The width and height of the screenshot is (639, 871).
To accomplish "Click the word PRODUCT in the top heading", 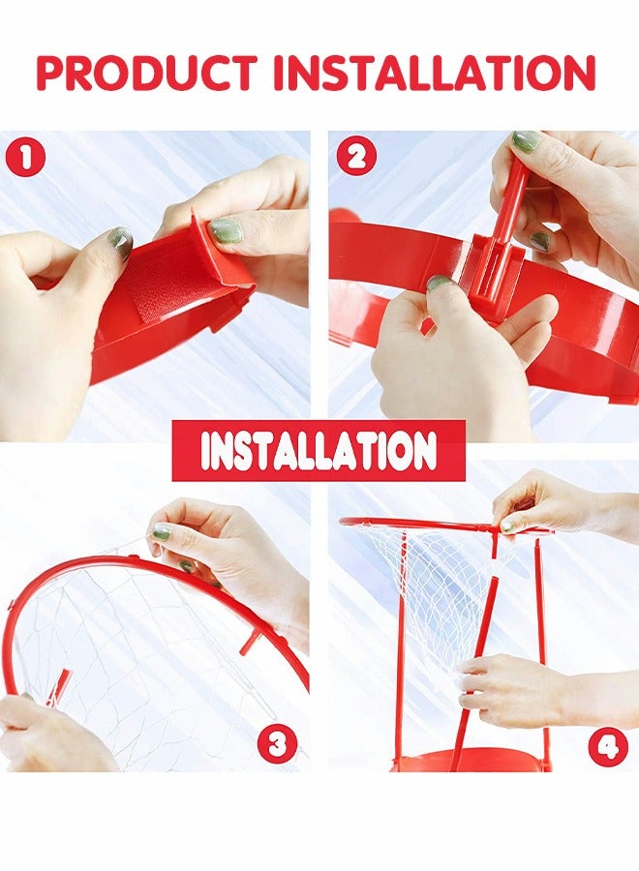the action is tap(147, 73).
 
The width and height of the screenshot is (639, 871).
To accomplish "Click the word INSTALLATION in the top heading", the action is tap(435, 73).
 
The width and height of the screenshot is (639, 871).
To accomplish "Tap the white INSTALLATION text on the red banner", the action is tap(319, 450).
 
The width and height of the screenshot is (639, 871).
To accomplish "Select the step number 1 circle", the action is tap(25, 157).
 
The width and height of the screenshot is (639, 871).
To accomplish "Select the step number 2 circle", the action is tap(356, 156).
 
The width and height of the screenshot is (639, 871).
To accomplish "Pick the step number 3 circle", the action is tap(277, 743).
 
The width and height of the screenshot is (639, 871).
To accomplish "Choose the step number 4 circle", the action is tap(608, 746).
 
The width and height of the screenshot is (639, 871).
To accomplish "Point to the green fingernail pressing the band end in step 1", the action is tap(226, 230).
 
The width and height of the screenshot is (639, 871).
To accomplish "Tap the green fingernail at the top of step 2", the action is tap(526, 141).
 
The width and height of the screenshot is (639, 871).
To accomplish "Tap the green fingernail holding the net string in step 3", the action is tap(162, 531).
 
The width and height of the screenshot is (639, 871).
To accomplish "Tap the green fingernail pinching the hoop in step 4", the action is tap(506, 526).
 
